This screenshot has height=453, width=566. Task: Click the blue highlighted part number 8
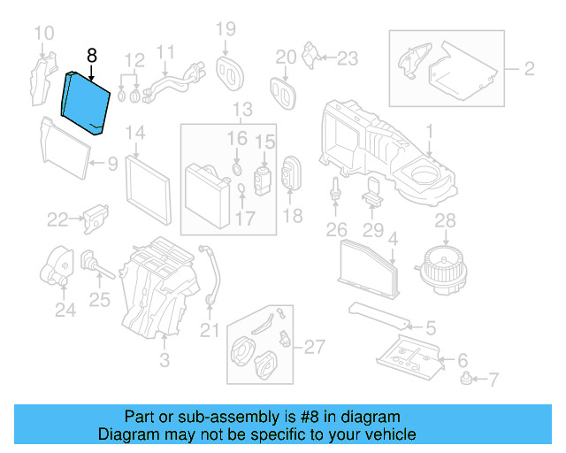[85, 104]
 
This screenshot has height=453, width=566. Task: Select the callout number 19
[226, 30]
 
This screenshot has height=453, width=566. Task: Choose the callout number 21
[209, 331]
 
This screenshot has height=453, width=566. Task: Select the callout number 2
[529, 67]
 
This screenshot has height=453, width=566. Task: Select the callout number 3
[164, 360]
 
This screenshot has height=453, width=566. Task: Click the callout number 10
[43, 35]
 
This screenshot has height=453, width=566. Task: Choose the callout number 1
[429, 134]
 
